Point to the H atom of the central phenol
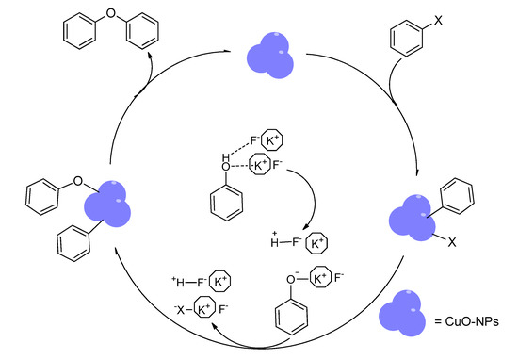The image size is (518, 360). tap(227, 157)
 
